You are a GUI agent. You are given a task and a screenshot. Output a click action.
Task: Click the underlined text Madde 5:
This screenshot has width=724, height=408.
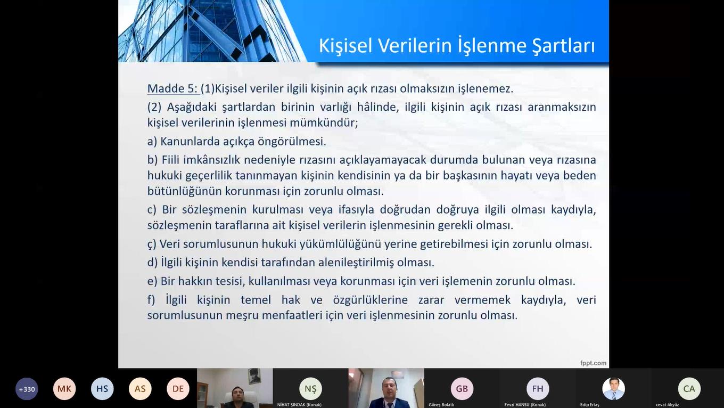[x=172, y=88]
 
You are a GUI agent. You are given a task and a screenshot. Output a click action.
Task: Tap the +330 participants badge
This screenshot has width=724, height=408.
[x=27, y=389]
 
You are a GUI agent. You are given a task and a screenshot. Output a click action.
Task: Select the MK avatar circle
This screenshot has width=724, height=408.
[x=64, y=389]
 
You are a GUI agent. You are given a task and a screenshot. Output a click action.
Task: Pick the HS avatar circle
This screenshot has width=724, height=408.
[x=102, y=389]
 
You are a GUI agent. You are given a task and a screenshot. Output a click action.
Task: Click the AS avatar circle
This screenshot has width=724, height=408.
[x=140, y=389]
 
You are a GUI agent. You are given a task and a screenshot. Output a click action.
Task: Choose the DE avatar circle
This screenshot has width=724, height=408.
[x=178, y=389]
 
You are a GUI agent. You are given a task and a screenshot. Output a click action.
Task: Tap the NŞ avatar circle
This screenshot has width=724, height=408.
[x=310, y=389]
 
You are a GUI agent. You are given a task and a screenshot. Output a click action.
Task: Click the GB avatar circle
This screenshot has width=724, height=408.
[x=462, y=389]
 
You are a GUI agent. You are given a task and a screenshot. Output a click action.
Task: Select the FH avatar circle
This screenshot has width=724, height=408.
[x=538, y=389]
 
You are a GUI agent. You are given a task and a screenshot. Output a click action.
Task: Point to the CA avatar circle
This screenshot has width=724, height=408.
[x=689, y=389]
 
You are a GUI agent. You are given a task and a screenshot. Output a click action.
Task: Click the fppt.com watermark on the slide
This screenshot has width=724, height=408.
[x=593, y=363]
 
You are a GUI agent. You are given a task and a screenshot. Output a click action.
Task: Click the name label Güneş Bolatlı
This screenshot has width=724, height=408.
[x=441, y=405]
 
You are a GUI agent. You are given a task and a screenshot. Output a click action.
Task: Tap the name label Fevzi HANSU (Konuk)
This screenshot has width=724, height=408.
[x=525, y=405]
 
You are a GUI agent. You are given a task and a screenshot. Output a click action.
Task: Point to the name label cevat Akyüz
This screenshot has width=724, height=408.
[x=667, y=405]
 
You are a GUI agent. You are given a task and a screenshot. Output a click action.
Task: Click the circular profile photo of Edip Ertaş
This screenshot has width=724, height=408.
[x=613, y=389]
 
